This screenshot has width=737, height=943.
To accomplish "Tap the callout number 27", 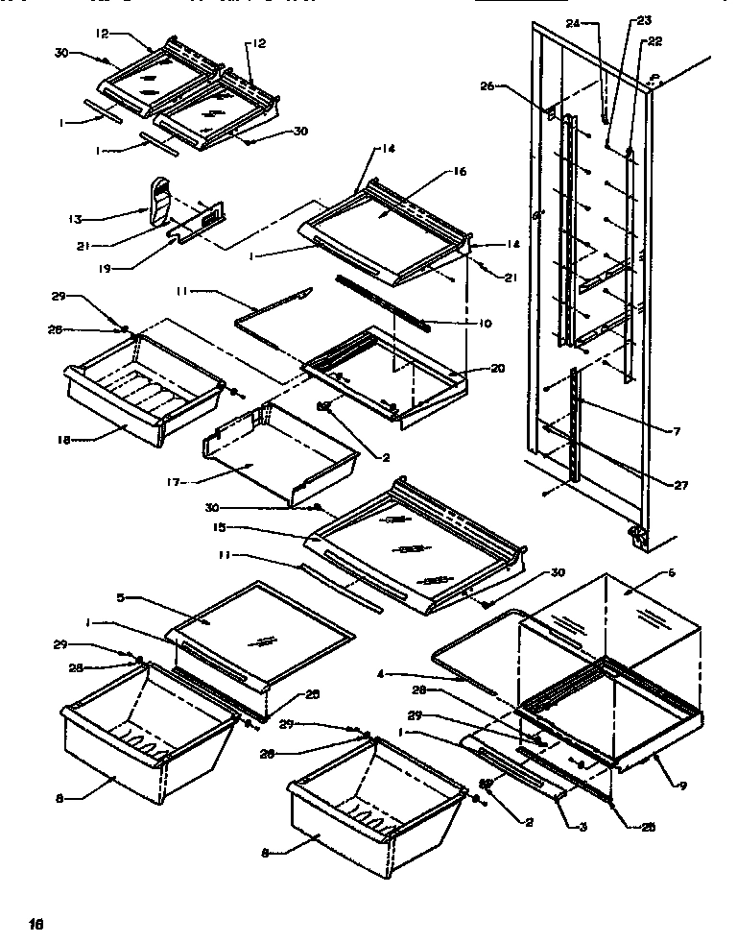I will point(680,485).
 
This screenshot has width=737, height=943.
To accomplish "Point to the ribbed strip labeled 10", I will point(384,302).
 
